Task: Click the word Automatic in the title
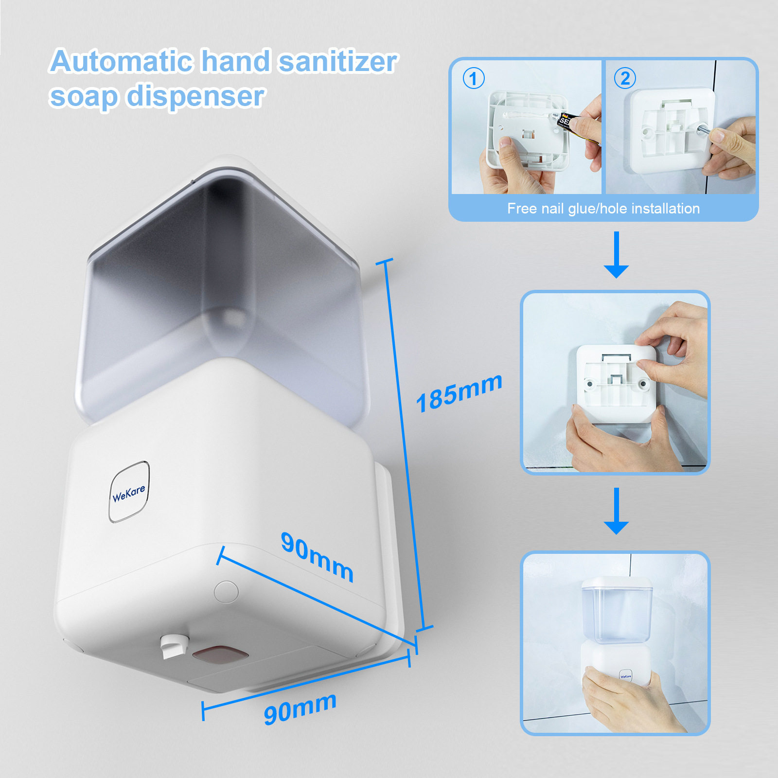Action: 122,61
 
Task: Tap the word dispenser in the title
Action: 196,96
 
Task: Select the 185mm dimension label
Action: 459,393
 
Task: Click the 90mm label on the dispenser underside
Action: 317,557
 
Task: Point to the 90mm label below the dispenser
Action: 300,708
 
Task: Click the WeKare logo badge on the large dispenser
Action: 129,492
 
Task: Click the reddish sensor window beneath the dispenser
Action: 221,654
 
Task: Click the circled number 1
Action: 473,78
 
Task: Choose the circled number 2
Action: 625,78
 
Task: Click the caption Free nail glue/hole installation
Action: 603,209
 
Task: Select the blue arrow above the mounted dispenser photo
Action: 616,511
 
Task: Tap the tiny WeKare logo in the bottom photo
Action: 625,676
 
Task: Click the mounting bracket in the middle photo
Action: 616,382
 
